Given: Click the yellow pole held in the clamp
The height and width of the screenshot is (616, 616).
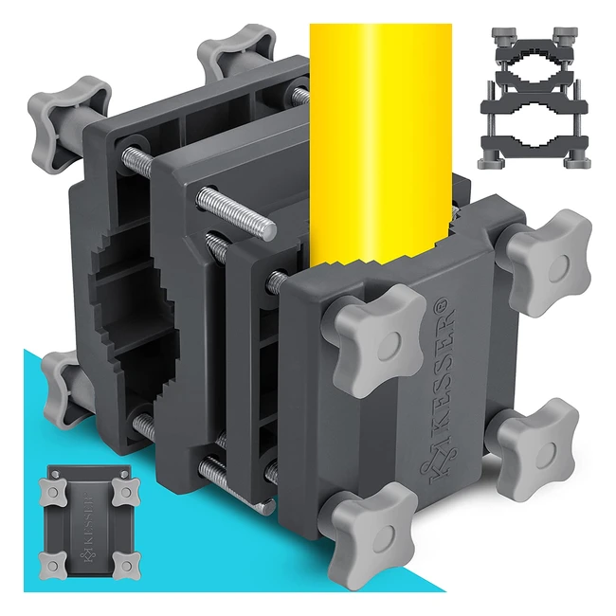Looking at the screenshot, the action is pos(380,141).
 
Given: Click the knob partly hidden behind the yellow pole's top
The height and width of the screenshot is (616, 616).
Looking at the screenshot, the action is pos(236,50).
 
